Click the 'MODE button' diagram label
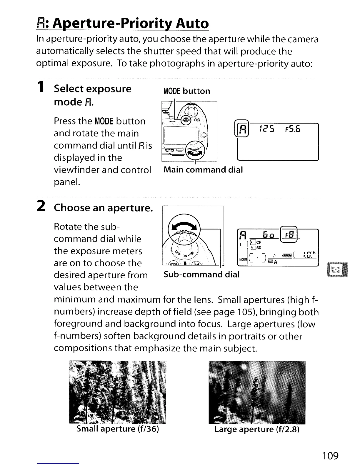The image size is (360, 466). (187, 91)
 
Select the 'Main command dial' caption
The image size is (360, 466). (203, 170)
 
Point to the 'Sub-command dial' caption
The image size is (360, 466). (201, 274)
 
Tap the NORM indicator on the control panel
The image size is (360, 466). (243, 260)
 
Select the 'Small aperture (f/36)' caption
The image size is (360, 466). (118, 429)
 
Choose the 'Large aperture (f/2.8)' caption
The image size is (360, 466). (257, 430)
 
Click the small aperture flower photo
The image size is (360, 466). (118, 391)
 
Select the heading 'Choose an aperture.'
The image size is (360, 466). (103, 208)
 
